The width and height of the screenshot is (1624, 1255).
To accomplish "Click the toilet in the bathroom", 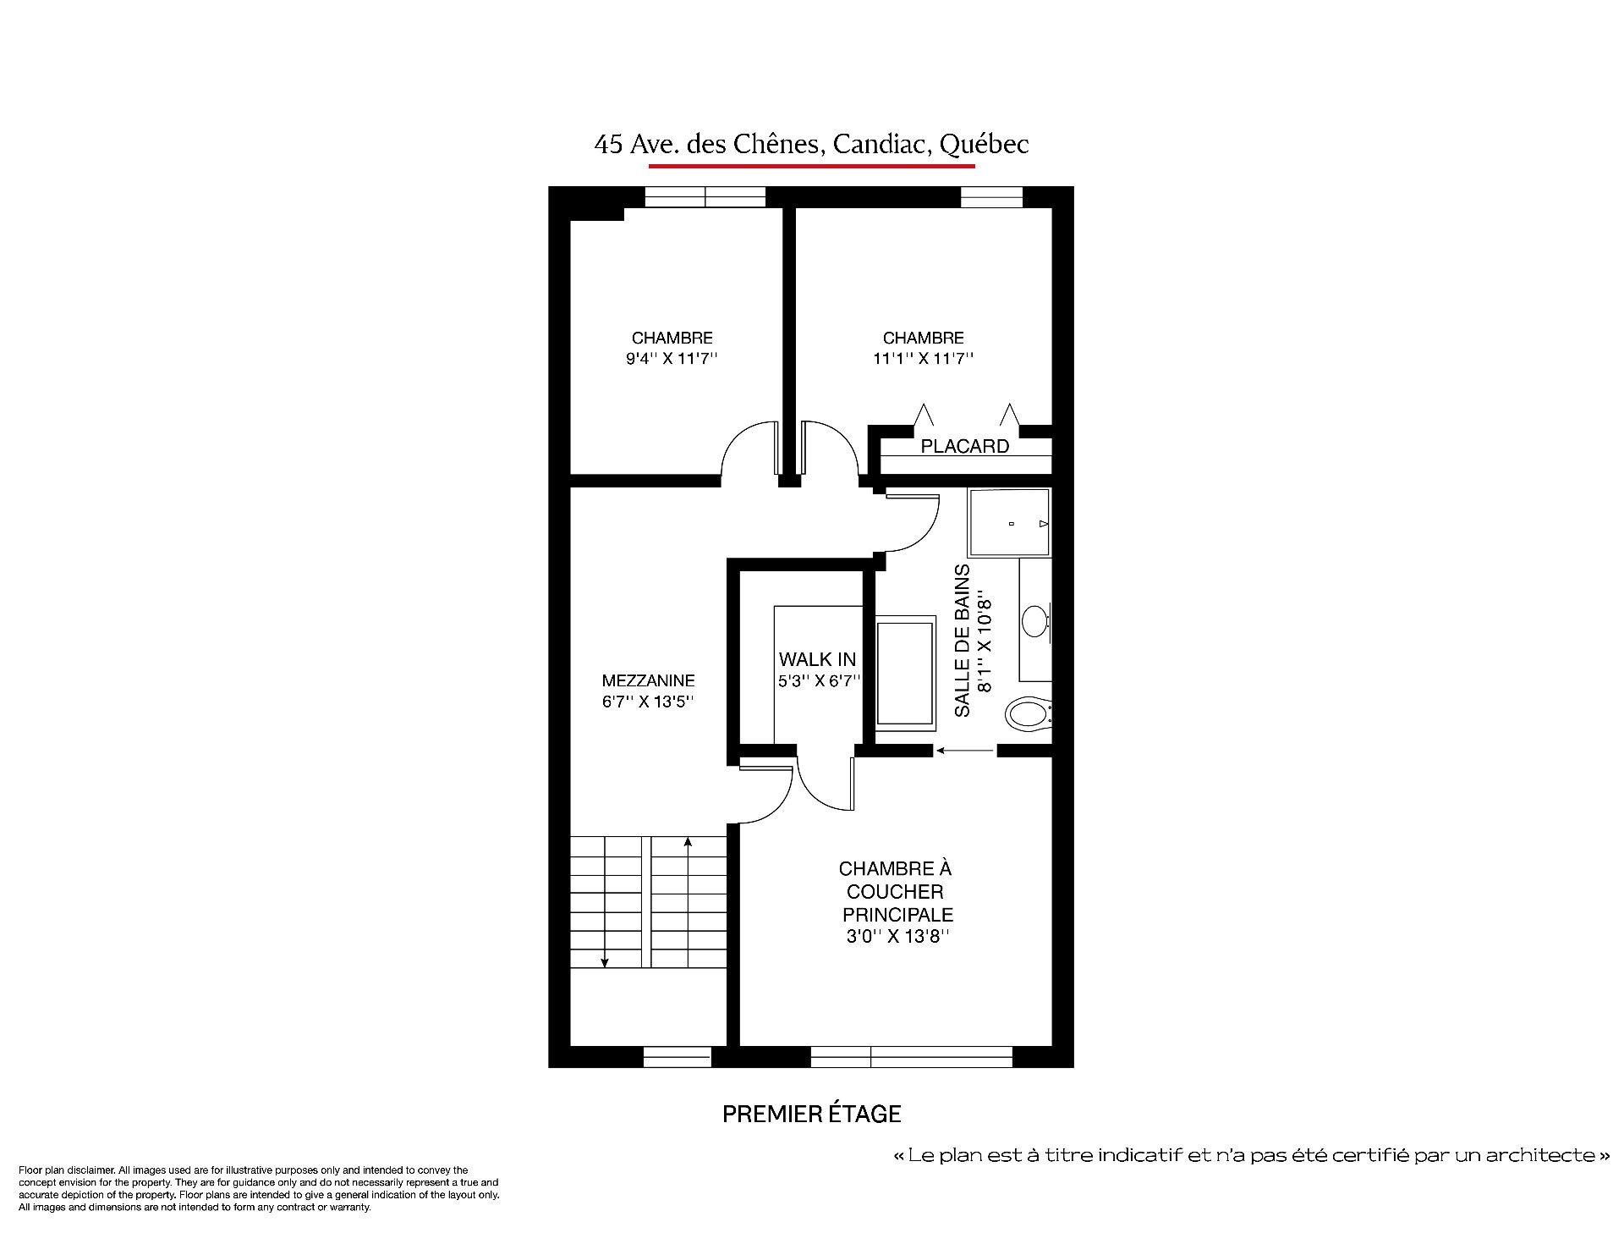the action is click(1028, 713).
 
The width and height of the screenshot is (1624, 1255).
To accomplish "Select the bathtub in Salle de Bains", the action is click(907, 674).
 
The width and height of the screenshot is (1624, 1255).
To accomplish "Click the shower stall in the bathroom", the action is click(1010, 523).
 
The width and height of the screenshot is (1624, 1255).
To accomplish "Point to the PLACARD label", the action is click(965, 446).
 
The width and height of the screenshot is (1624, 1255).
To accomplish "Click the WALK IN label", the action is click(817, 659).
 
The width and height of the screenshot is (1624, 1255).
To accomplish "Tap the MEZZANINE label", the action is click(649, 680).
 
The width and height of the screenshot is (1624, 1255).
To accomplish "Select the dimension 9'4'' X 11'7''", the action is click(672, 359).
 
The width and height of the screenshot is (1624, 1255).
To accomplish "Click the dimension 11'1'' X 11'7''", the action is click(924, 359).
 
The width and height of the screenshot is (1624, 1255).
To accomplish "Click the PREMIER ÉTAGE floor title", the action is click(812, 1114).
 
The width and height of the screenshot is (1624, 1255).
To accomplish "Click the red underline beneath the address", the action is click(812, 166).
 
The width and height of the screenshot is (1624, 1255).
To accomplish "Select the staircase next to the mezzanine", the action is click(649, 901).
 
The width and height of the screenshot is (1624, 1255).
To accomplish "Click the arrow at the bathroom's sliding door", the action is click(965, 750).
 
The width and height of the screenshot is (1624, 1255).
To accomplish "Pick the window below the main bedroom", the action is click(912, 1057).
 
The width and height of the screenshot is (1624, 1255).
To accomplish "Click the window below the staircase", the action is click(678, 1057).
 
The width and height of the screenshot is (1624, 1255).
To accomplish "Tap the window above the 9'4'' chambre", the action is click(705, 197).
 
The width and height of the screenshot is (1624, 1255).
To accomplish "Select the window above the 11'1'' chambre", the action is click(992, 197).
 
